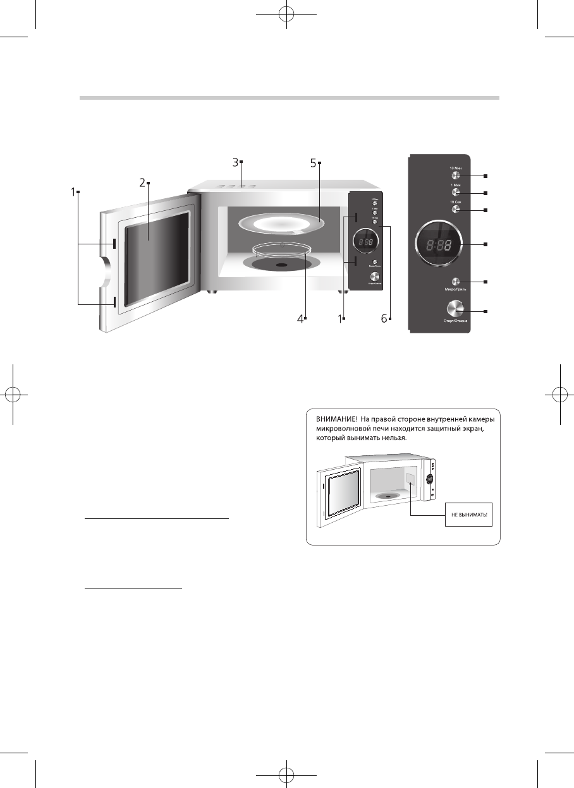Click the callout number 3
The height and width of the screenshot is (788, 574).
click(x=235, y=162)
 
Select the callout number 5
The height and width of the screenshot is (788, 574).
click(x=314, y=162)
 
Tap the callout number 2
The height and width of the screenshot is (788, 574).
click(x=143, y=183)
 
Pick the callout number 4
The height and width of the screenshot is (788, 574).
click(x=300, y=319)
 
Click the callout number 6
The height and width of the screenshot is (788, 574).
click(x=384, y=319)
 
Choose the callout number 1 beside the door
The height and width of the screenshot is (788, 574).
click(x=73, y=191)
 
